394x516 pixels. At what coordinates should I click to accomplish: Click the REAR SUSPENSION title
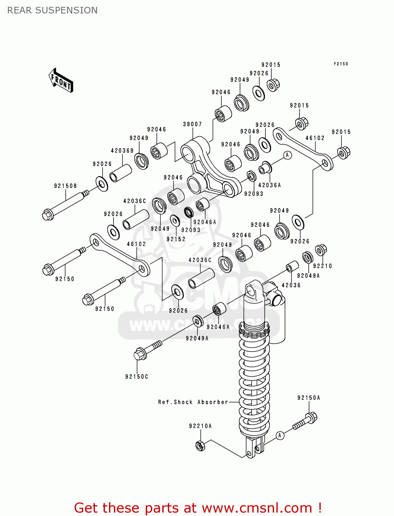(x=52, y=10)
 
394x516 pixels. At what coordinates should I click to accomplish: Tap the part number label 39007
(x=192, y=124)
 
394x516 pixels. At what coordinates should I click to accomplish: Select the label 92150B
(x=65, y=186)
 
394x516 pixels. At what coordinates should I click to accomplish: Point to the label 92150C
(x=136, y=377)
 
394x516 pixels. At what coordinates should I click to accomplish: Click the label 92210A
(x=200, y=426)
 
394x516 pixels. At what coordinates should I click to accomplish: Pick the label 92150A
(x=309, y=398)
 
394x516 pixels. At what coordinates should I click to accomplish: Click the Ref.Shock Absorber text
(x=193, y=402)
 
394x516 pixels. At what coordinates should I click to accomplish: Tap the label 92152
(x=176, y=239)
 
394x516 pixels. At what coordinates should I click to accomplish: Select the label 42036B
(x=122, y=151)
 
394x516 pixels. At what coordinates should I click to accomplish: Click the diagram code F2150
(x=341, y=64)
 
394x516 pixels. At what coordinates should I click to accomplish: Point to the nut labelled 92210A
(x=200, y=446)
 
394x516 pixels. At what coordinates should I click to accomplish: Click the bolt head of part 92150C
(x=139, y=354)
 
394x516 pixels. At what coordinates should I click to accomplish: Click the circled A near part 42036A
(x=287, y=155)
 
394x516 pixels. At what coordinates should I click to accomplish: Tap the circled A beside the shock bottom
(x=280, y=436)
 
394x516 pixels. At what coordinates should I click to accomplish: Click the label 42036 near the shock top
(x=291, y=285)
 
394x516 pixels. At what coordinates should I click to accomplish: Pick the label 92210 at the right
(x=322, y=266)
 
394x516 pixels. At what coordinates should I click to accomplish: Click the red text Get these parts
(x=198, y=508)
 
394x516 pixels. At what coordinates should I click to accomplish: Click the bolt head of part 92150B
(x=47, y=215)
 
